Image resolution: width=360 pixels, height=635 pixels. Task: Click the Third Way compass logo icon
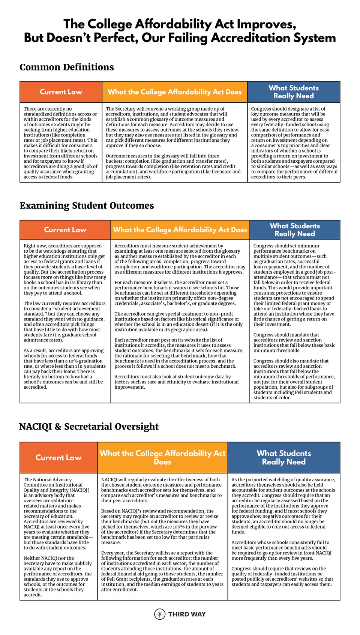160,614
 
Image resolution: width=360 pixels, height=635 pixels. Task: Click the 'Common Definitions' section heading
67,67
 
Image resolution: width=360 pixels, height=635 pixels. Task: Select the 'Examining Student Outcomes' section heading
87,205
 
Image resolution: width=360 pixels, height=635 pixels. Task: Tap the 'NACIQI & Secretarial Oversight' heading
89,427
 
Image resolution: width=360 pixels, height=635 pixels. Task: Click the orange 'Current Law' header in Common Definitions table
61,92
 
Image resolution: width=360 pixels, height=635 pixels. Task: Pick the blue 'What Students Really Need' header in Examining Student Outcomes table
295,230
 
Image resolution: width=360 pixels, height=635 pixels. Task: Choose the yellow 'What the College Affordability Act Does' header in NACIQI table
162,457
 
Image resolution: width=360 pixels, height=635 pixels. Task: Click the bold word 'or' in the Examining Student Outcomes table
117,256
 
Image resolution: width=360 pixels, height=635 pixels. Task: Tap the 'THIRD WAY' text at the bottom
187,614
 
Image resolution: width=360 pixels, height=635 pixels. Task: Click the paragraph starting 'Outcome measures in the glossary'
173,166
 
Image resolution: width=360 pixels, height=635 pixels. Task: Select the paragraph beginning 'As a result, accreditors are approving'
64,368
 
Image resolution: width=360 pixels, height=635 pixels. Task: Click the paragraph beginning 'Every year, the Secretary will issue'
162,571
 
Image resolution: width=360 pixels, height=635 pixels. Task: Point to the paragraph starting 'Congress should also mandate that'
294,379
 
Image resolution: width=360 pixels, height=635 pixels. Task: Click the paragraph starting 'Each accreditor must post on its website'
179,353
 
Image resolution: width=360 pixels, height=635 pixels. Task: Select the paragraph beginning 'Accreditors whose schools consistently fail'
281,550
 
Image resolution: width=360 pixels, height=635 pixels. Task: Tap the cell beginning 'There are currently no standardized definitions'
60,142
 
